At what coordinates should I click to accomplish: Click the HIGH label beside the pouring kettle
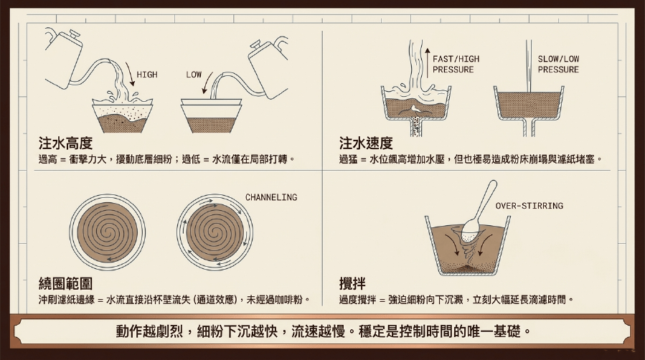click(147, 75)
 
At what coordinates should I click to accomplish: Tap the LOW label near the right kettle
click(193, 75)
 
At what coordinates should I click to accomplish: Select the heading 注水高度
click(65, 143)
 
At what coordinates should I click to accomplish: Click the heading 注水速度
click(366, 143)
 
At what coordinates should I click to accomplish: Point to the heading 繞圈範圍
click(65, 283)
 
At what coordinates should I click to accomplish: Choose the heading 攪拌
click(352, 283)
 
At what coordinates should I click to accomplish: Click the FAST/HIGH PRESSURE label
click(456, 64)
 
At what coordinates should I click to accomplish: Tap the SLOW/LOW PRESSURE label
click(558, 64)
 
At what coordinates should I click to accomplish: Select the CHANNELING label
click(271, 197)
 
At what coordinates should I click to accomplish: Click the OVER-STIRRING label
click(529, 206)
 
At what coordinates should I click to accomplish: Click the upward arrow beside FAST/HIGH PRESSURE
click(428, 62)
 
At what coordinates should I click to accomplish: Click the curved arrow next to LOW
click(207, 83)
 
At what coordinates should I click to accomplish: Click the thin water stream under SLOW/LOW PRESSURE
click(529, 66)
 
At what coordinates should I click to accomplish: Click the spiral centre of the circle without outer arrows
click(107, 232)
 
